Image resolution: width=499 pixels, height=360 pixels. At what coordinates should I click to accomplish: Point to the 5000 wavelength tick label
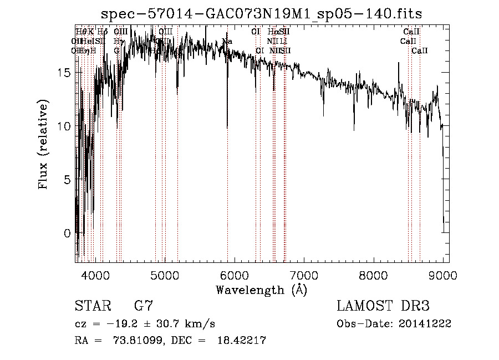coord(165,275)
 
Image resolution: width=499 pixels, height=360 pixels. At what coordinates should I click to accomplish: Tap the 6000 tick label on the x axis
coord(235,275)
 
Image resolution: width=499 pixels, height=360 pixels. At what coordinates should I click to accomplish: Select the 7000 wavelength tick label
coord(304,275)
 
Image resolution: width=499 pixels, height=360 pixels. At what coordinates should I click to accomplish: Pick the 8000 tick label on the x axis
coord(374,275)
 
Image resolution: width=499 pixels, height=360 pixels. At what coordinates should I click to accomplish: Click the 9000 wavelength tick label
coord(443,275)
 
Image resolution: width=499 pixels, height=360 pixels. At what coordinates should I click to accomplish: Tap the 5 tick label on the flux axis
coord(67,180)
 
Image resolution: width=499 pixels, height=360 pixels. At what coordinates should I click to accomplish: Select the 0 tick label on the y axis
coord(67,234)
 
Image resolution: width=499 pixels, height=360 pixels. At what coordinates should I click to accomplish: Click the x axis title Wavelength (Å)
coord(261,290)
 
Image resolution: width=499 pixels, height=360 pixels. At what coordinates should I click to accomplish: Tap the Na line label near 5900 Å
coord(227,41)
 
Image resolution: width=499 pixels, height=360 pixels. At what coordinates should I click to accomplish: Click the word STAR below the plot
coord(92,306)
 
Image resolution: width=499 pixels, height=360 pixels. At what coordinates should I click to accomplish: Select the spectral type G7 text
coord(143,306)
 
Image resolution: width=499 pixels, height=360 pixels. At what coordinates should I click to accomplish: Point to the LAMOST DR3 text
coord(383,306)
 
